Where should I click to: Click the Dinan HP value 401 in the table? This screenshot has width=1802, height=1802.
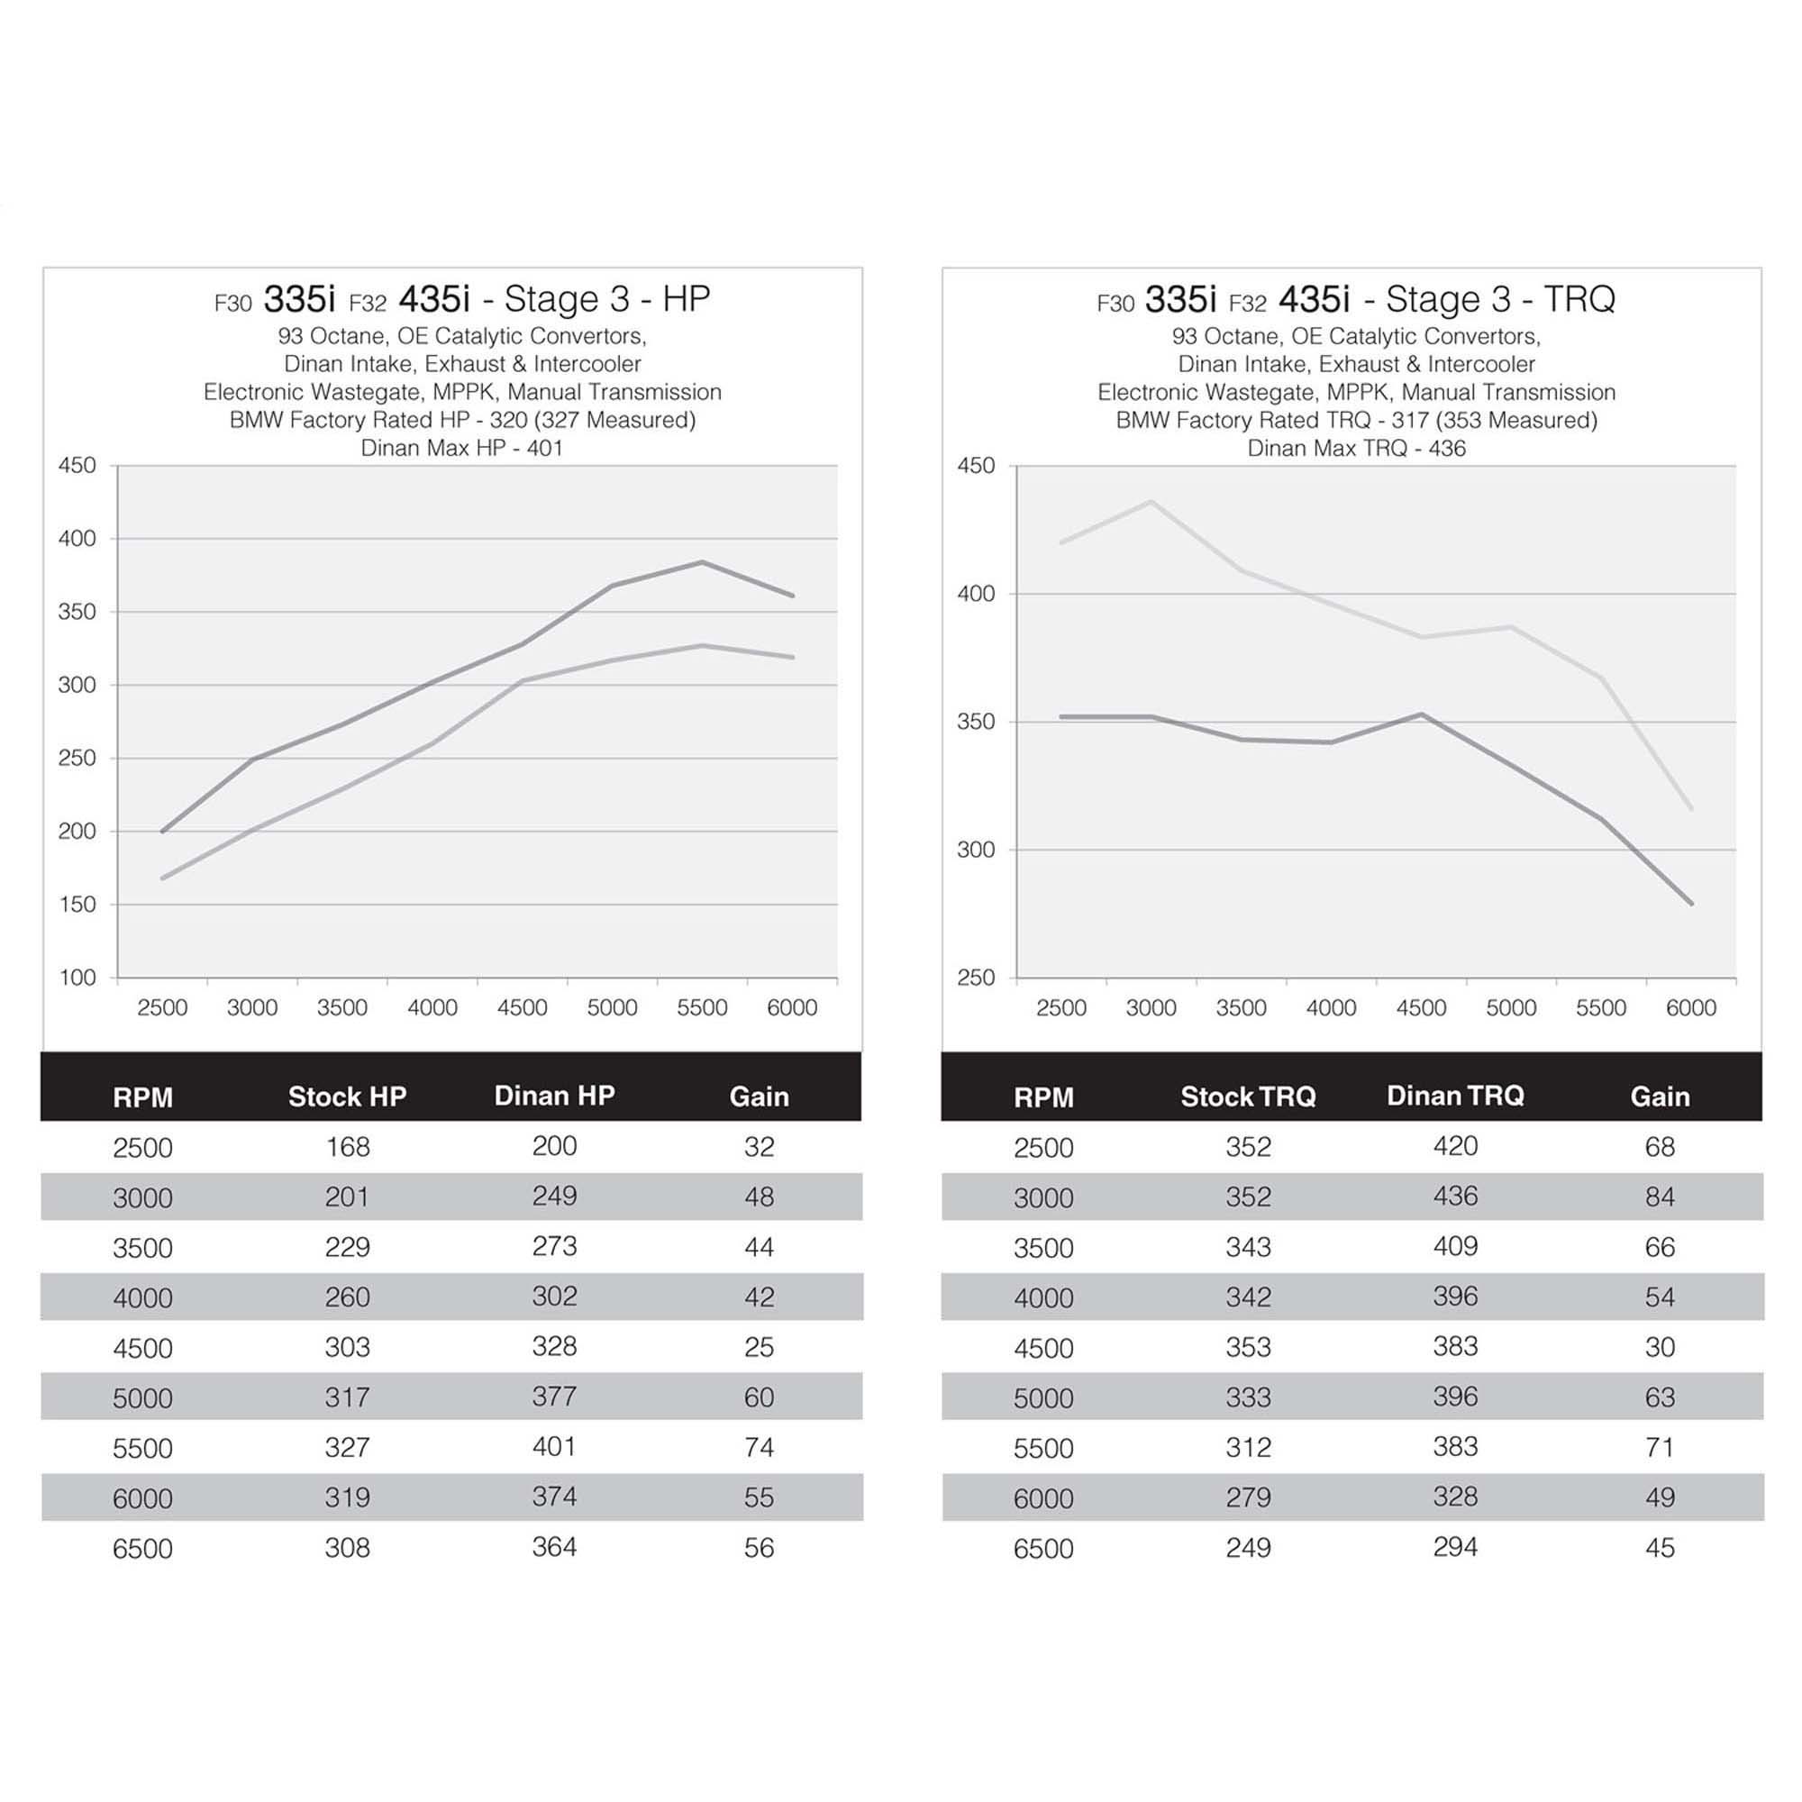pyautogui.click(x=554, y=1447)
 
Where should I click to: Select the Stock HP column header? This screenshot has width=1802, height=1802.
pyautogui.click(x=347, y=1096)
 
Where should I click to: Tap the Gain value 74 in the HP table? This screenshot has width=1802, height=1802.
pyautogui.click(x=759, y=1447)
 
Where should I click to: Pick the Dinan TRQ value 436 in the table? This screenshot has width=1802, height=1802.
pyautogui.click(x=1455, y=1196)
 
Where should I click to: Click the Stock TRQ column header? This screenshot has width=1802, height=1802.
pyautogui.click(x=1248, y=1096)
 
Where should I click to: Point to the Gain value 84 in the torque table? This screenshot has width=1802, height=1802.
pyautogui.click(x=1660, y=1197)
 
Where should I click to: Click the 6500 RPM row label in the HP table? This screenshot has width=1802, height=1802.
pyautogui.click(x=142, y=1548)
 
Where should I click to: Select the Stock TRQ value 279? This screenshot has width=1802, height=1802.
pyautogui.click(x=1248, y=1497)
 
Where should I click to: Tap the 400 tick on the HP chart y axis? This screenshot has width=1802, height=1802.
pyautogui.click(x=77, y=538)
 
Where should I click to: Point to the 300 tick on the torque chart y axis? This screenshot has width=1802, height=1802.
pyautogui.click(x=976, y=850)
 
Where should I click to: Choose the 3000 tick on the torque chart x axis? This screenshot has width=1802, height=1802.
pyautogui.click(x=1151, y=1007)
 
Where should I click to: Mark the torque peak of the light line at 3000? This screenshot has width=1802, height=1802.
pyautogui.click(x=1151, y=501)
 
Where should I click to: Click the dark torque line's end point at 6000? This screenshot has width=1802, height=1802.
pyautogui.click(x=1691, y=903)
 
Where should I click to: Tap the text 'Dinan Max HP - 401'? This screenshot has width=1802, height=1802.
pyautogui.click(x=461, y=448)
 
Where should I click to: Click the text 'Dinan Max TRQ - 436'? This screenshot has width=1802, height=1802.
pyautogui.click(x=1356, y=448)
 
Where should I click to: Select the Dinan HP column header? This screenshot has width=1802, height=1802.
pyautogui.click(x=554, y=1095)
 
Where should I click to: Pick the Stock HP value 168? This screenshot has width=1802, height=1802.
pyautogui.click(x=347, y=1146)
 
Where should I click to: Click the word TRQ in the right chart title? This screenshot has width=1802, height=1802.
pyautogui.click(x=1579, y=299)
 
